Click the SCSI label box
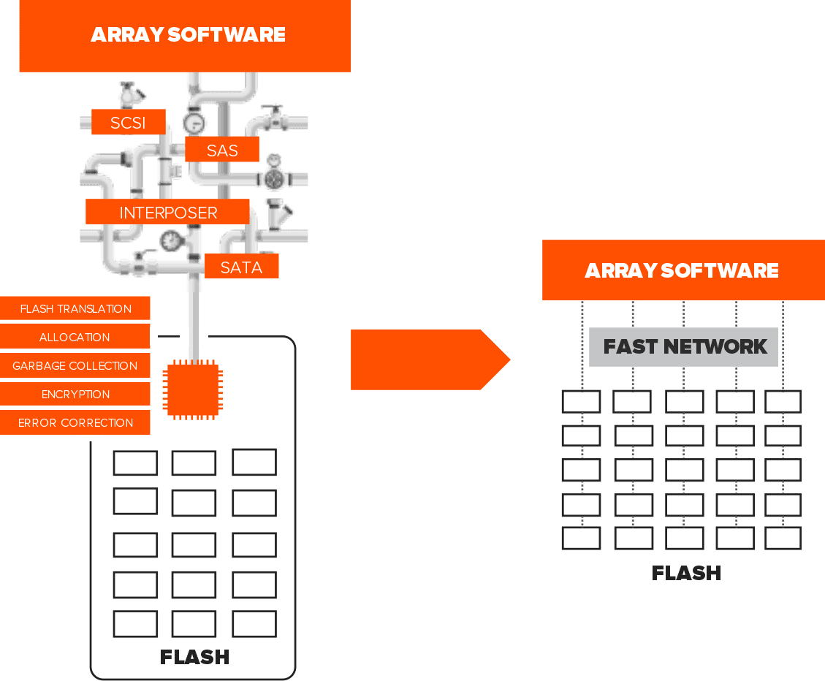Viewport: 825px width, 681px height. point(129,122)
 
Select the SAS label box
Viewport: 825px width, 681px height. point(222,150)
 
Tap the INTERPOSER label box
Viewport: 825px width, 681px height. point(167,212)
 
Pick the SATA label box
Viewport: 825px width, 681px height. point(241,266)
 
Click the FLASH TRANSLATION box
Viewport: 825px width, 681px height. point(75,308)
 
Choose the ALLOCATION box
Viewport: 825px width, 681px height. point(75,337)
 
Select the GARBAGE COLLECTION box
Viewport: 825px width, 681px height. point(75,365)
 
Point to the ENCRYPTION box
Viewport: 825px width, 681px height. point(75,394)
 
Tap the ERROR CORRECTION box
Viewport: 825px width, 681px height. point(75,422)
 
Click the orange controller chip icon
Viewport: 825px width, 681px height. point(193,390)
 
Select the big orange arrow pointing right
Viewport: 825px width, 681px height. point(430,360)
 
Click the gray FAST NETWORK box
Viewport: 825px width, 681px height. point(683,347)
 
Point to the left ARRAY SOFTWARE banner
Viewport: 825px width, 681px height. point(185,36)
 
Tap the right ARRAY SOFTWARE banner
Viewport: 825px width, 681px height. point(683,270)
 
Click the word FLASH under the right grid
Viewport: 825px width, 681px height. point(686,573)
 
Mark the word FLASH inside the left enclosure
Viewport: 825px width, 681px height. point(194,657)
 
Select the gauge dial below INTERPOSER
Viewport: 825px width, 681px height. point(170,242)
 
